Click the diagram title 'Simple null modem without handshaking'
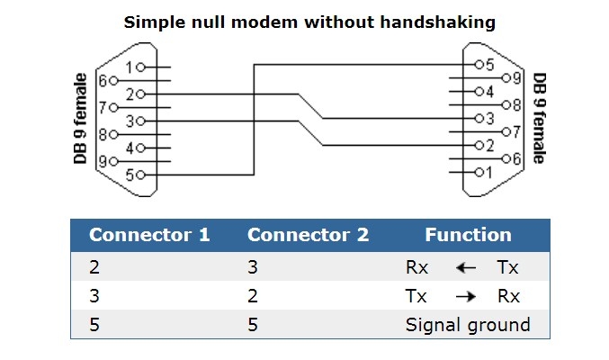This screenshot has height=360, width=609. point(309,22)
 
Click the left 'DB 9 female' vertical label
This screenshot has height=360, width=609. point(79,119)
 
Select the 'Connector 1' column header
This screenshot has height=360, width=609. point(149,236)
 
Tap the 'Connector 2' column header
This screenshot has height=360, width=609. point(308,236)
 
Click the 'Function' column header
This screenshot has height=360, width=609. point(468,236)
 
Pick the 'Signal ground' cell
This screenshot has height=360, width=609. point(468,324)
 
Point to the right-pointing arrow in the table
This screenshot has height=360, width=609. point(465,296)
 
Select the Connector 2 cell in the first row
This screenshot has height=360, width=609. point(254,267)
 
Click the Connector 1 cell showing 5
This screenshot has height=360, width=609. point(94,324)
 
